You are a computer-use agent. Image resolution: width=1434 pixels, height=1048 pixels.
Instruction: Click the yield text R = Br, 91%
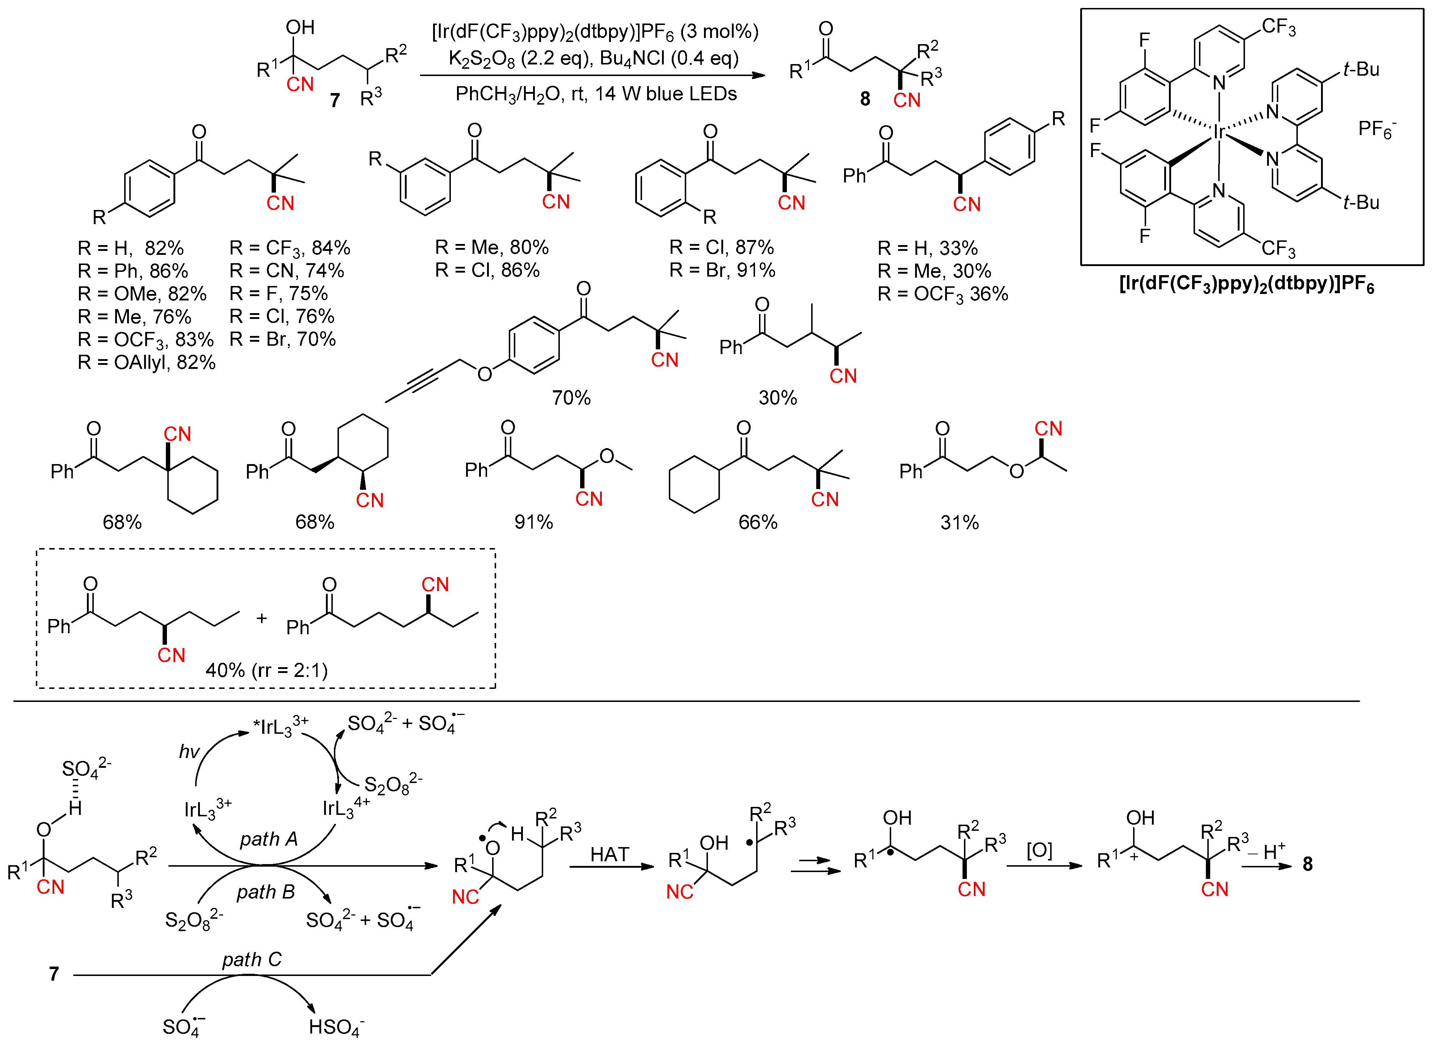(x=722, y=271)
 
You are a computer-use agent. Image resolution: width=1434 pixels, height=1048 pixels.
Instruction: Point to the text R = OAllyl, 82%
(x=147, y=362)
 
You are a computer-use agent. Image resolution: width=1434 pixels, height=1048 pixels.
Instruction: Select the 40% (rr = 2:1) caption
(x=267, y=670)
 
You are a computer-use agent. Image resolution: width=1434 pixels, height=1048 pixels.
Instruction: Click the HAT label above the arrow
(x=609, y=855)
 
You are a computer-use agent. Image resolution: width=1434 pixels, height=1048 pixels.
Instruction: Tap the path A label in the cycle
(x=268, y=839)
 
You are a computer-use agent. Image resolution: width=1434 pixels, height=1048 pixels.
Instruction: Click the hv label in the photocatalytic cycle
(x=189, y=752)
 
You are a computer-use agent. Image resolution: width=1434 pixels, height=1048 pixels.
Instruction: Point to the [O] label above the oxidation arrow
(x=1039, y=850)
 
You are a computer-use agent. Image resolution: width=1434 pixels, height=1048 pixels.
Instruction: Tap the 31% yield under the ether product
(x=959, y=523)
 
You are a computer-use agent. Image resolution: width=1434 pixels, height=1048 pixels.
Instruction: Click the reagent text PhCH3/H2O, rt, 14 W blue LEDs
(x=596, y=94)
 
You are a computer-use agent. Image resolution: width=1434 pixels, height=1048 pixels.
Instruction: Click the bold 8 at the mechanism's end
(x=1307, y=864)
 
